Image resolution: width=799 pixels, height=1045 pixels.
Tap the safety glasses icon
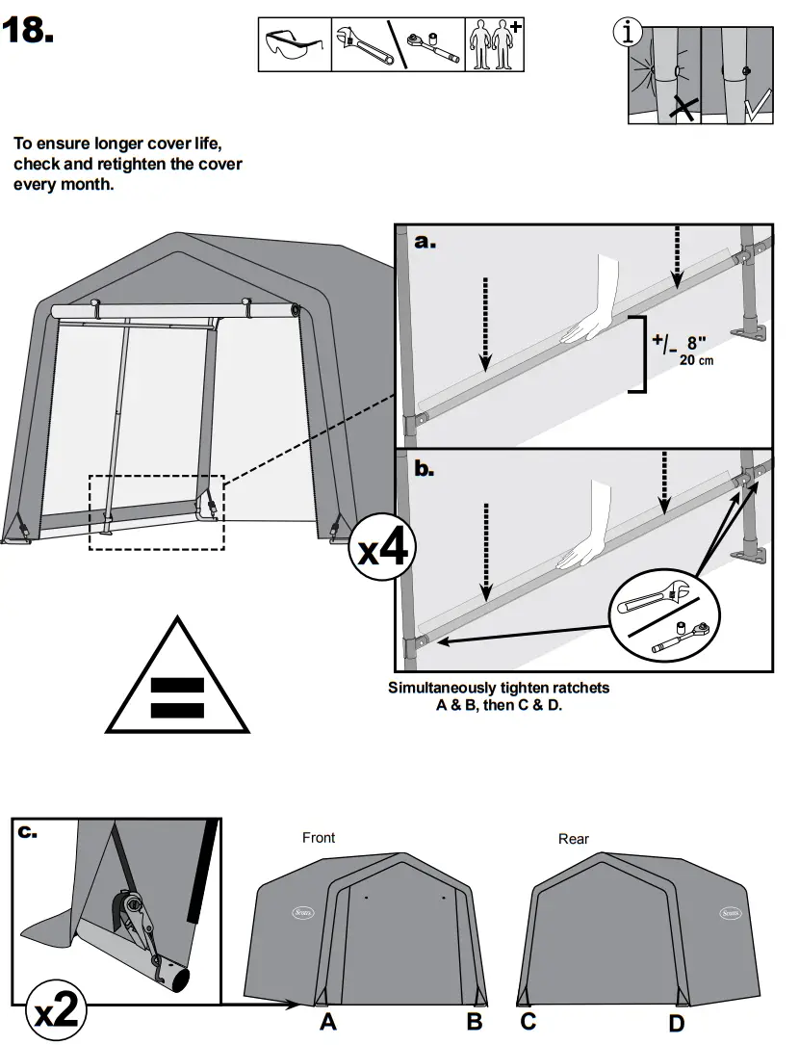pos(295,44)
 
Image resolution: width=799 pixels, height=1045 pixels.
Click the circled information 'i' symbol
pos(628,33)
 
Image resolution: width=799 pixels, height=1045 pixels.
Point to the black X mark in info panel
pos(683,107)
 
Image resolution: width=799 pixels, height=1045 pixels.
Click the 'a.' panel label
pos(425,242)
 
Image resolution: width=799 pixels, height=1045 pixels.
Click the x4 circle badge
pos(383,549)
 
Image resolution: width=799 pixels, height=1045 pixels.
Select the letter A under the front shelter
pos(328,1022)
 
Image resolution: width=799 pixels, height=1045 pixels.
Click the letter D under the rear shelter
pos(677,1022)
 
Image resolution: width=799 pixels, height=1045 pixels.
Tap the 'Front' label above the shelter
pos(319,838)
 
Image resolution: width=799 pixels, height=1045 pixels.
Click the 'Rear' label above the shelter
pos(574,839)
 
